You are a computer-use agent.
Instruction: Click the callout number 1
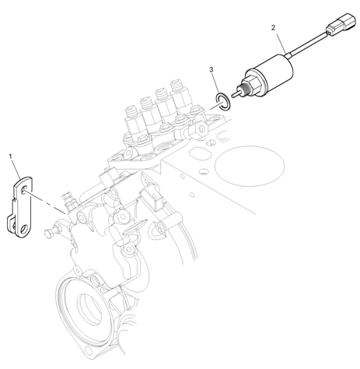11,156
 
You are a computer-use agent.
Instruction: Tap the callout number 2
273,27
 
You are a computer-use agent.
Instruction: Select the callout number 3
211,69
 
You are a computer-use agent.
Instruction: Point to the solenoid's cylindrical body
271,72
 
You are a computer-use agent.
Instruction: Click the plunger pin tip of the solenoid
234,95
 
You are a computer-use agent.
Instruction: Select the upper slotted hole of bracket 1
24,190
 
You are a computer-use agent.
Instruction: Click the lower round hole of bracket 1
25,229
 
